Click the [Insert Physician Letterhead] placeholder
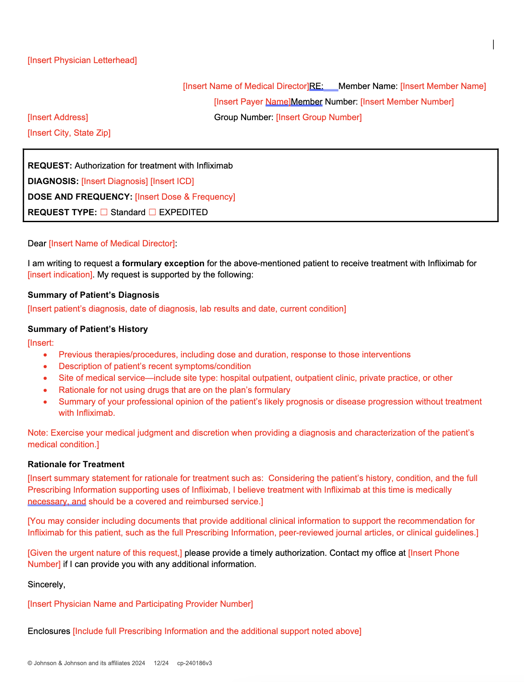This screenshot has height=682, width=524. [x=82, y=60]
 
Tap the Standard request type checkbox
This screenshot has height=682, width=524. [x=104, y=212]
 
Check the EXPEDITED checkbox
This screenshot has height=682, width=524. [x=152, y=212]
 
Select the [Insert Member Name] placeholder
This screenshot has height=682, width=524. [x=443, y=86]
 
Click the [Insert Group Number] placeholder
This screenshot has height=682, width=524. [x=319, y=117]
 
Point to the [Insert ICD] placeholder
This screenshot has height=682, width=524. [x=172, y=181]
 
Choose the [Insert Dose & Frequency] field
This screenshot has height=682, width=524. [x=185, y=197]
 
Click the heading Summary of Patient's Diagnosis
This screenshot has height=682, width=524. [x=93, y=295]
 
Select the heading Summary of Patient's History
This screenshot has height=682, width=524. [x=88, y=329]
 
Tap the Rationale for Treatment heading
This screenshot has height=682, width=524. [x=76, y=464]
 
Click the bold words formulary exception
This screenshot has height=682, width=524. [x=163, y=263]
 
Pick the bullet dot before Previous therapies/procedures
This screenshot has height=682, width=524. [x=45, y=355]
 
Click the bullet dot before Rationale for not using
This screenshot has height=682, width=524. [x=45, y=390]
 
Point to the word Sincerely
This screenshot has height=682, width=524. [x=46, y=584]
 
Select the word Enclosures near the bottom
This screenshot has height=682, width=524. [x=49, y=631]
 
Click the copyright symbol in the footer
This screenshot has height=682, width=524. [x=30, y=663]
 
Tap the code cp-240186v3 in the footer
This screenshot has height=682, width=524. [x=194, y=663]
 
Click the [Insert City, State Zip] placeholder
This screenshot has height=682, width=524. [x=69, y=133]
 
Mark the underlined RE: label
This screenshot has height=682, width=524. [x=316, y=86]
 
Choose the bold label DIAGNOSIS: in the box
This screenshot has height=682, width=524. [x=53, y=181]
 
